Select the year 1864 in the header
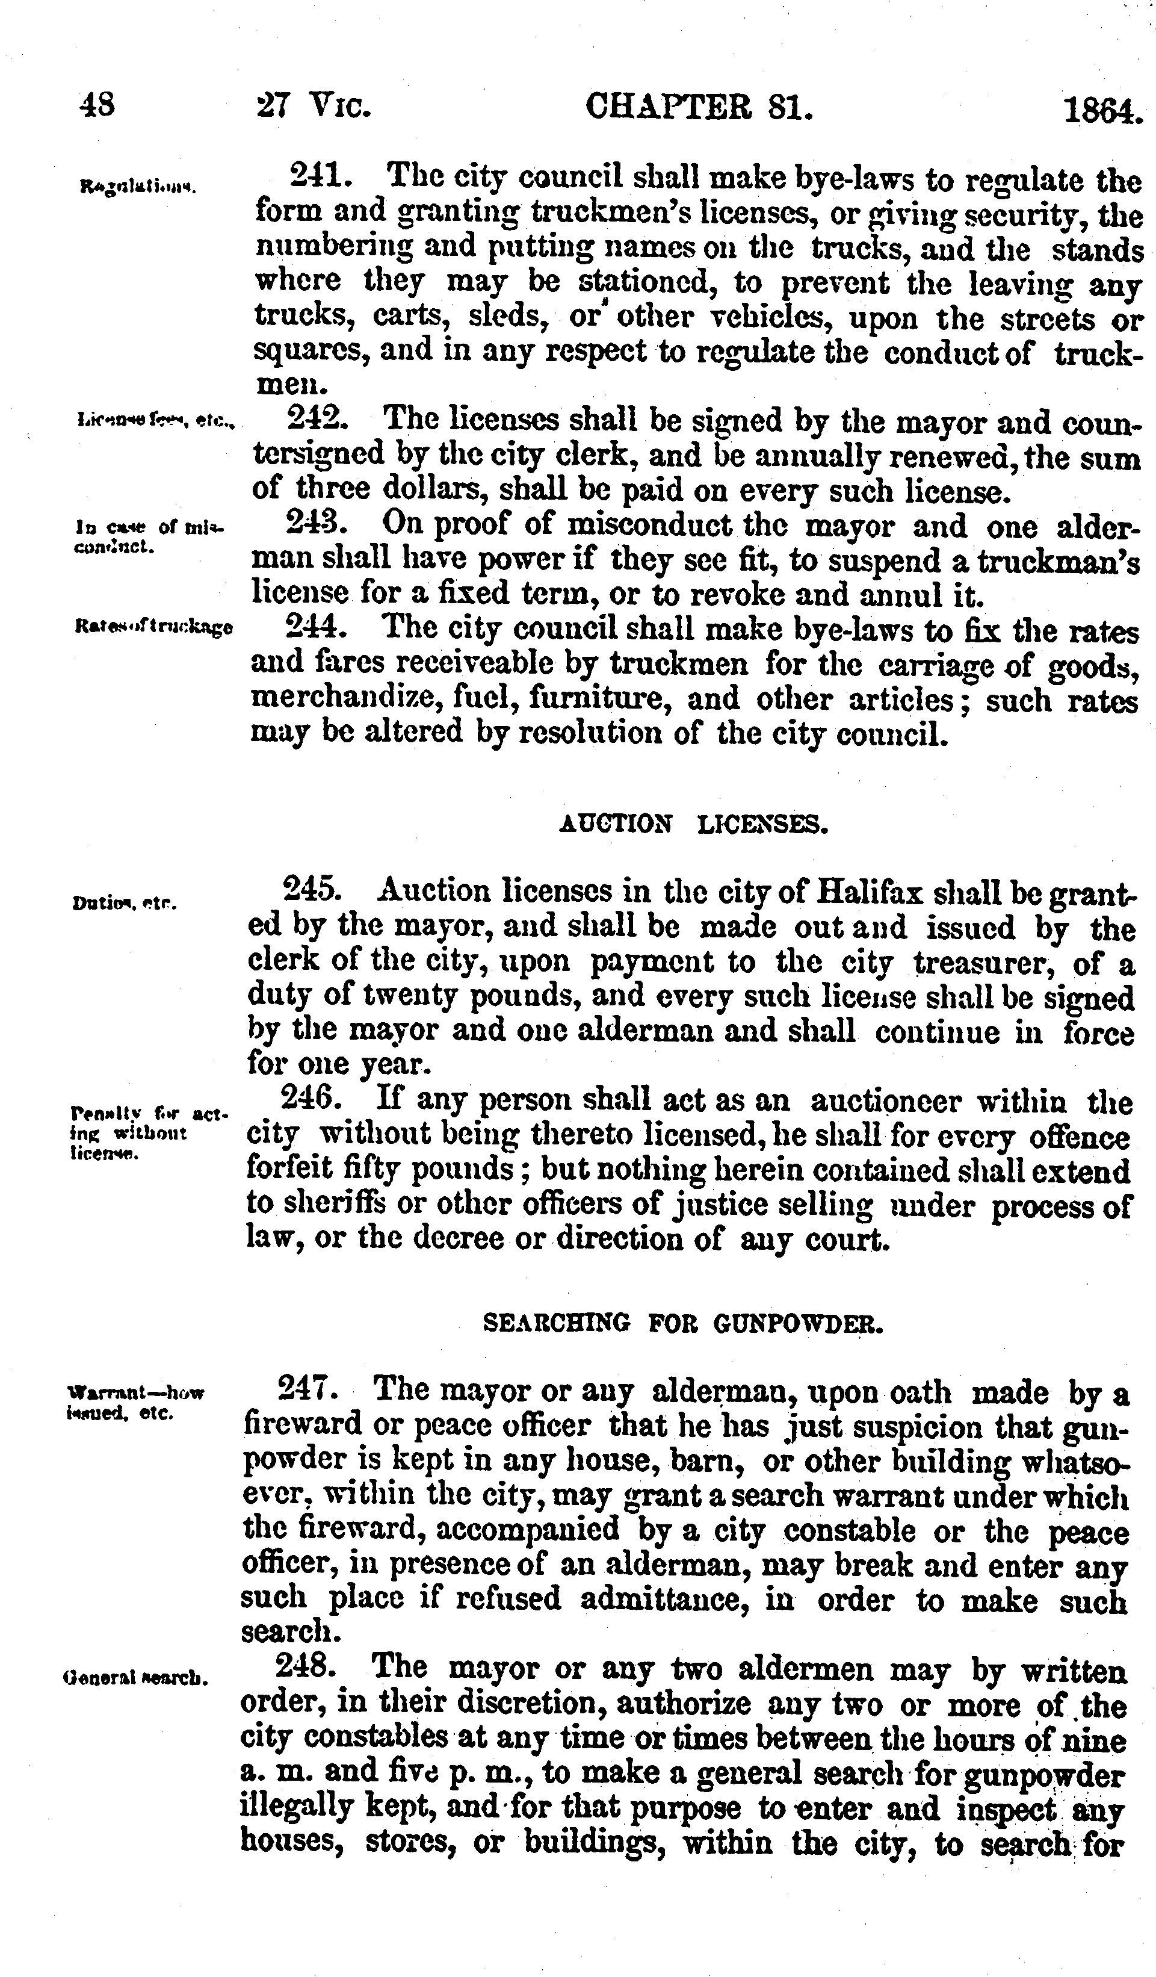(1101, 111)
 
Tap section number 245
(311, 890)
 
